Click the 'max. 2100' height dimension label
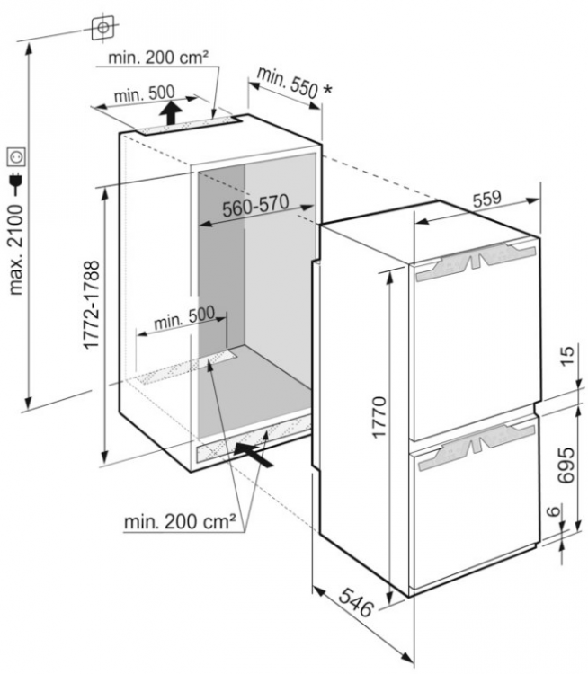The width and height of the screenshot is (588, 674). [x=15, y=249]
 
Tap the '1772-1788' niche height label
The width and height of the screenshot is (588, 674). [x=92, y=305]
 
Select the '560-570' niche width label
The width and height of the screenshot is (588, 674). [x=255, y=206]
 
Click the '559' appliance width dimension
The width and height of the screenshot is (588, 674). [x=487, y=199]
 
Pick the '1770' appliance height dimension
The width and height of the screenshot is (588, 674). [x=379, y=417]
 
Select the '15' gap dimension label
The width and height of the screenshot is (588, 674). [x=567, y=355]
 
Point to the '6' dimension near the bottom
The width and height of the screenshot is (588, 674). [x=555, y=510]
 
